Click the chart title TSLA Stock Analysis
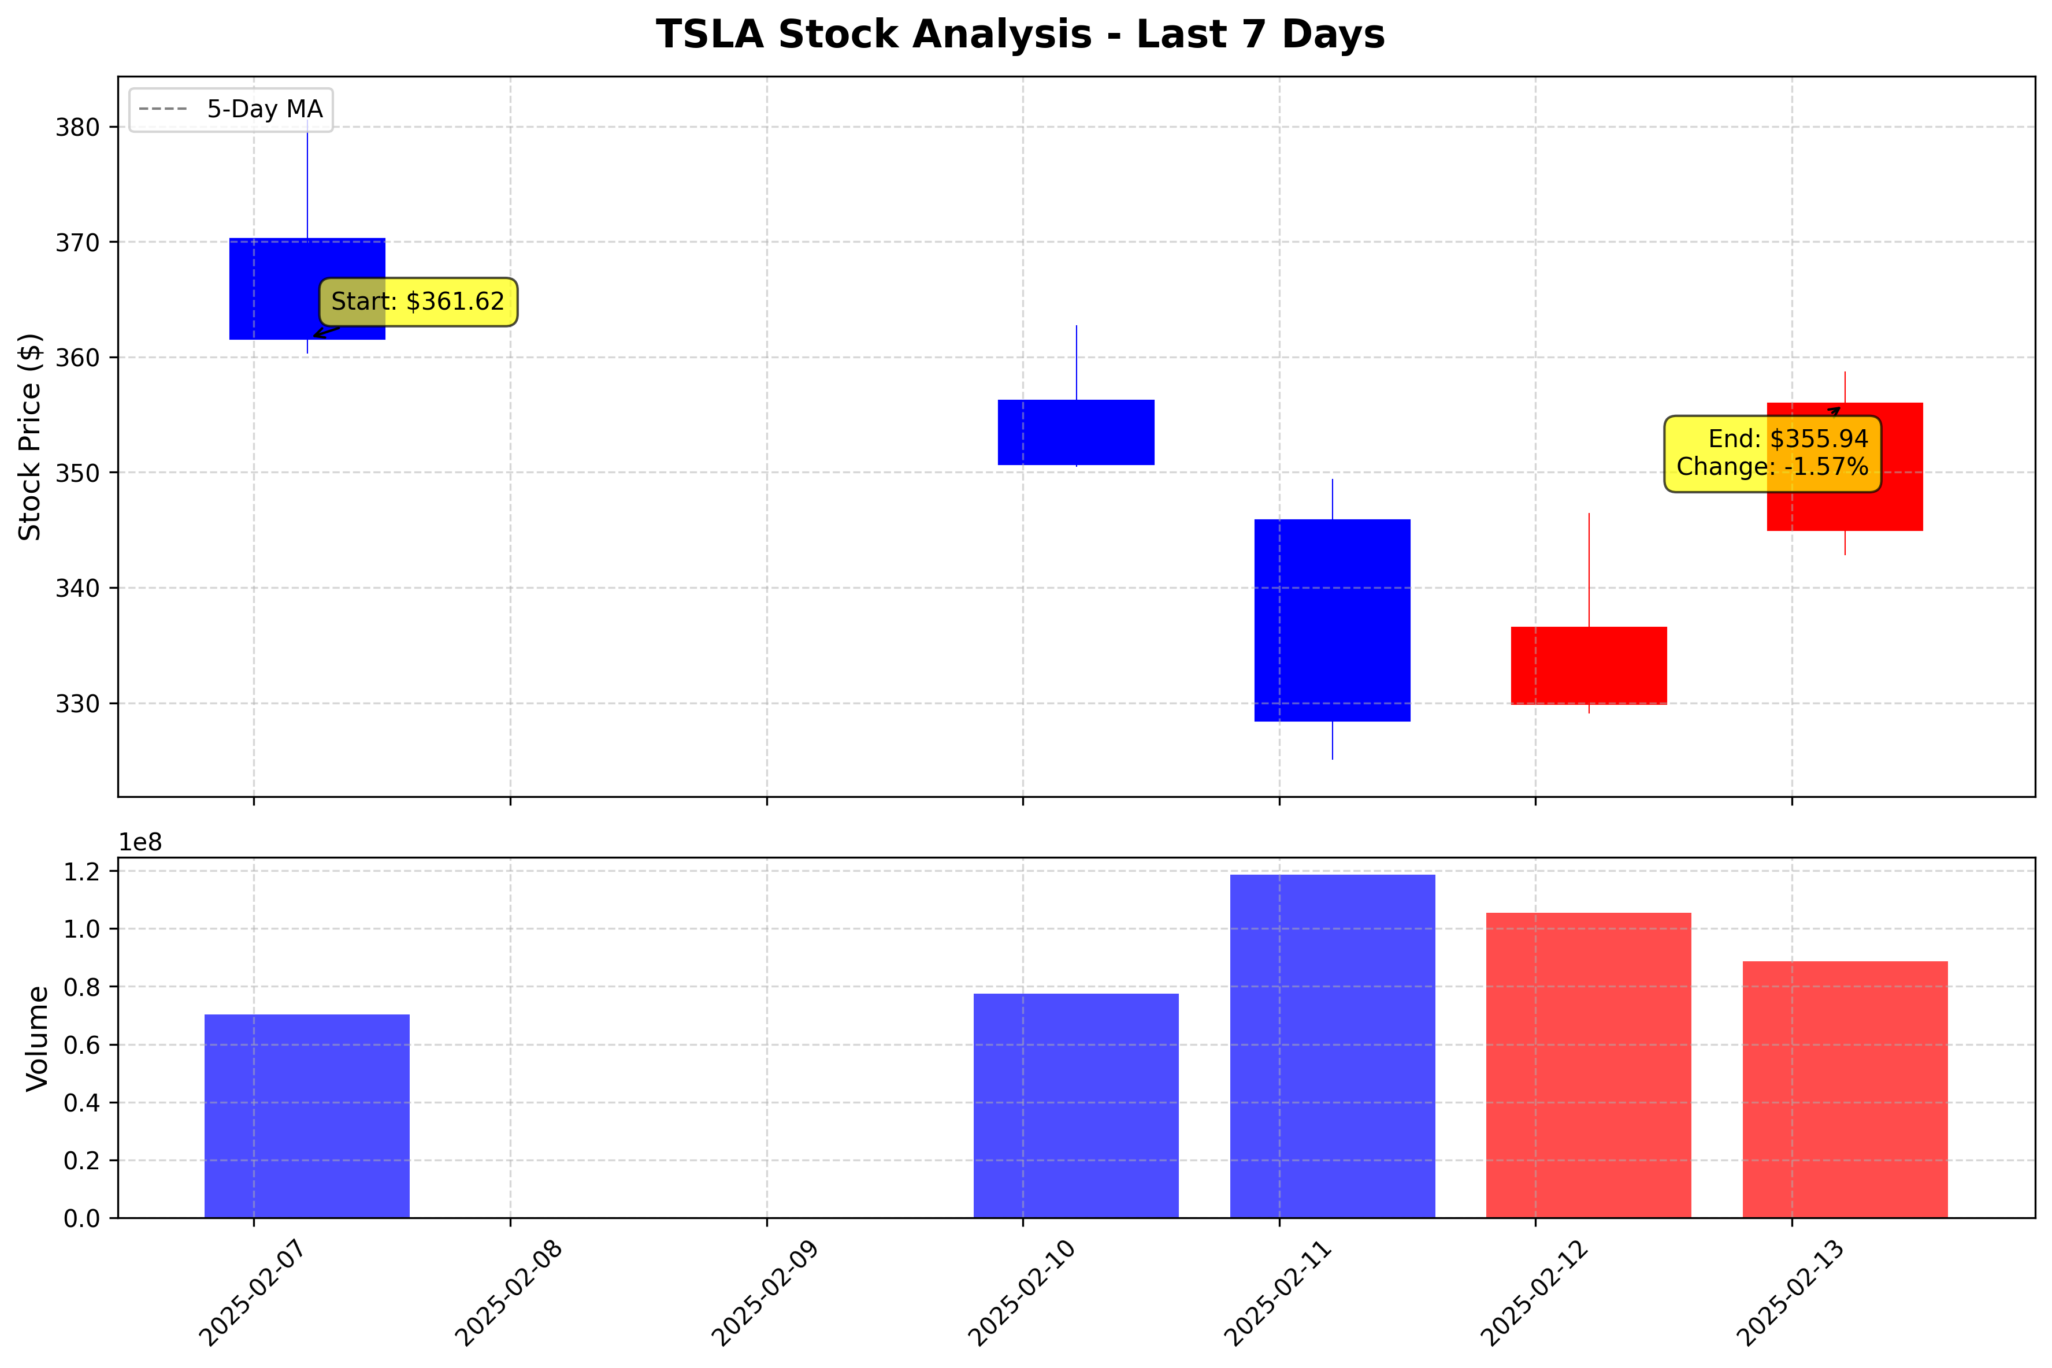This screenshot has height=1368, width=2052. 1020,35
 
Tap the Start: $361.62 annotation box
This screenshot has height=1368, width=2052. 418,302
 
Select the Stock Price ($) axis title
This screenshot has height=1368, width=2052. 31,436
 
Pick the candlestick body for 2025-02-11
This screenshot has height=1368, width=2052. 1332,620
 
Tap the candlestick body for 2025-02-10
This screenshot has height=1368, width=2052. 1076,433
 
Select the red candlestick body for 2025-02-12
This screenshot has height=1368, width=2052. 1589,666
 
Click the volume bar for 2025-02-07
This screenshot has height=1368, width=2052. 307,1116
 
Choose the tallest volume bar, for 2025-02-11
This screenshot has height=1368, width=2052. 1332,1046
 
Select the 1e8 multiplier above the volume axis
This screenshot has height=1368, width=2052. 140,843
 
